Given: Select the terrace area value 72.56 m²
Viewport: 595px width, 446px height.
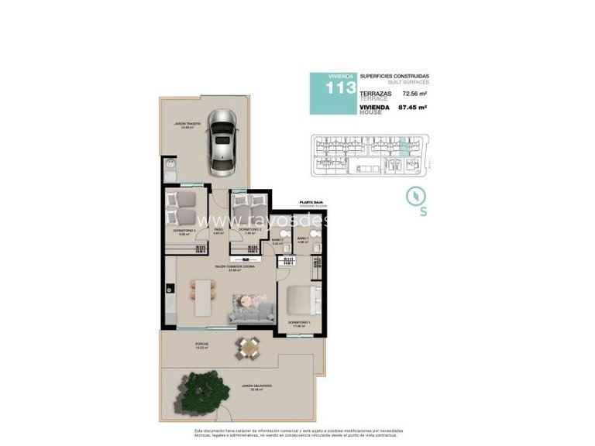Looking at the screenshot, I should (x=415, y=94).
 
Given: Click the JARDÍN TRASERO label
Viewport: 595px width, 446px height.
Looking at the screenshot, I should (x=188, y=124).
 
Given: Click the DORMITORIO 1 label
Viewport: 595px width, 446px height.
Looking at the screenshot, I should (x=298, y=322).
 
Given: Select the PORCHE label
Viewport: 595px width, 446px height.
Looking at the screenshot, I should (x=181, y=345).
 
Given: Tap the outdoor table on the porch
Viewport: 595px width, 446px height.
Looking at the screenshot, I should (x=248, y=348).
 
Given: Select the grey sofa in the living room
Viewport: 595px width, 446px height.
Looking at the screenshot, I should (x=249, y=310).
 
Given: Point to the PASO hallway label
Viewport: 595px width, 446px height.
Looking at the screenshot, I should (x=218, y=230).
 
